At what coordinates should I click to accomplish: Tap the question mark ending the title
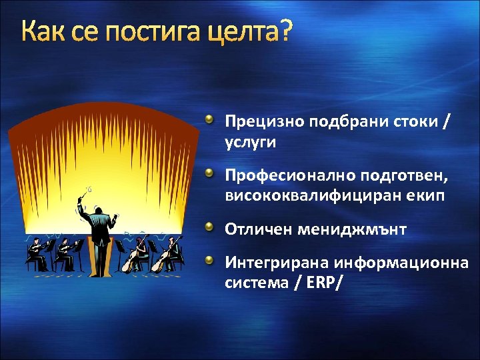click(x=285, y=31)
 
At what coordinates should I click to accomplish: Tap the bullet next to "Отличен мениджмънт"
click(x=209, y=228)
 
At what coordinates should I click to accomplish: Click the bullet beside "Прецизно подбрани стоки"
click(x=209, y=120)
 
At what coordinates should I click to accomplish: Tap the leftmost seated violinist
click(x=35, y=253)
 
